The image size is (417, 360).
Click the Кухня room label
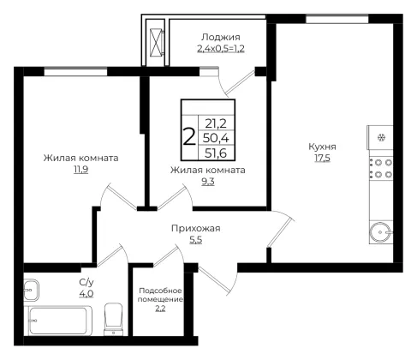point(322,147)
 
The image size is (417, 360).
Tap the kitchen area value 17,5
point(322,158)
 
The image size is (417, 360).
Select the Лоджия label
point(221,38)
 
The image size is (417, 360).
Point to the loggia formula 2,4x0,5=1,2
point(221,49)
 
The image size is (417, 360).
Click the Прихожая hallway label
point(196,229)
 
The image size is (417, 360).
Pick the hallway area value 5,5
point(196,240)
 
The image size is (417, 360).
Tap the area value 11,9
point(81,170)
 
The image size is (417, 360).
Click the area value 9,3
point(208,182)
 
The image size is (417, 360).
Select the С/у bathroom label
point(86,283)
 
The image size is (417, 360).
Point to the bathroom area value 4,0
point(86,294)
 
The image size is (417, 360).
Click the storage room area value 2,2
point(160,309)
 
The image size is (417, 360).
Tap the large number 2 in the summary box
point(189,137)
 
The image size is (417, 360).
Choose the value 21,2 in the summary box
point(216,123)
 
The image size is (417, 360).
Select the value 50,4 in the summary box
point(216,138)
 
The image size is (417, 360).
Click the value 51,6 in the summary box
point(216,153)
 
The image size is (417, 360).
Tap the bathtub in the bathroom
point(60,321)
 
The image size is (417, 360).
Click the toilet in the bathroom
point(114,319)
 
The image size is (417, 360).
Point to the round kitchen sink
point(381,232)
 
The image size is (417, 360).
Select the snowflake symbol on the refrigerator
point(381,138)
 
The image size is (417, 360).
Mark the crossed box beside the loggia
point(157,42)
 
